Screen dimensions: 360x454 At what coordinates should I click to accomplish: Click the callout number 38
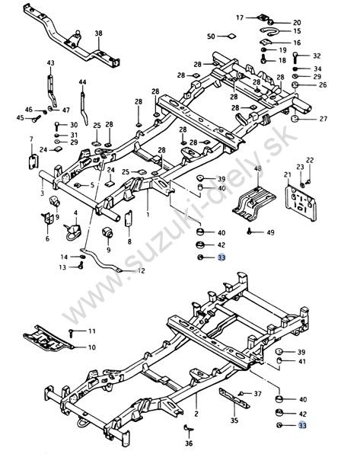[98, 34]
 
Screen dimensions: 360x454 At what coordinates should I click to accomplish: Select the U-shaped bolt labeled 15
[269, 31]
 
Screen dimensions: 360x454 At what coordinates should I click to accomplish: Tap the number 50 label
[212, 37]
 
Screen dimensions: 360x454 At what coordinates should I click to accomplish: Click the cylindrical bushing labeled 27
[295, 119]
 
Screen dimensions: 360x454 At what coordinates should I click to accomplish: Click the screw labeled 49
[250, 232]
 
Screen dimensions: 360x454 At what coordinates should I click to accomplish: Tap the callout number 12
[142, 271]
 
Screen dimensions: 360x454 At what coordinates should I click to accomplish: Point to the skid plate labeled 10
[48, 338]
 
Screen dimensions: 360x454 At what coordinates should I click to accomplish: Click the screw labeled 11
[72, 333]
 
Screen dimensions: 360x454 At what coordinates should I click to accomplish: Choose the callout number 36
[189, 443]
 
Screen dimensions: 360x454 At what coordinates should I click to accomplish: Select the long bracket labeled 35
[234, 398]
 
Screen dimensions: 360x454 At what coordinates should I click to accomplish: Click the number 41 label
[302, 361]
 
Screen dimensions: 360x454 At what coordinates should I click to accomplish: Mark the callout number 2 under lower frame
[196, 414]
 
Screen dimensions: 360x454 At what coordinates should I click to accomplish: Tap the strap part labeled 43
[52, 91]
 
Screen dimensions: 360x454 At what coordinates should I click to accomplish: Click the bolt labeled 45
[37, 119]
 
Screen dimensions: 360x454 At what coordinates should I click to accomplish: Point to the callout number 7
[31, 139]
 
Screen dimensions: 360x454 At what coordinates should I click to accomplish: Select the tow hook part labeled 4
[72, 232]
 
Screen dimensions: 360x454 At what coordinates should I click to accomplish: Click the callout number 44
[82, 82]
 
